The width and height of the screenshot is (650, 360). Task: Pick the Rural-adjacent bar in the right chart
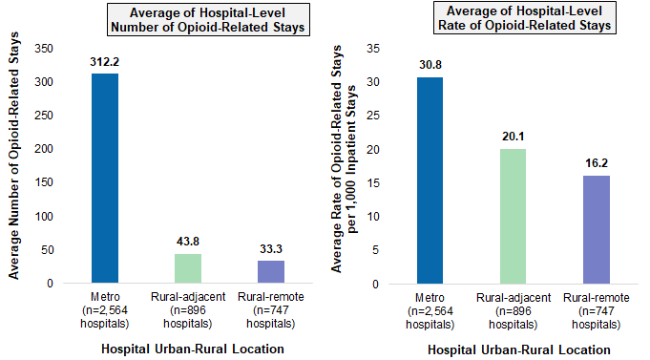514,216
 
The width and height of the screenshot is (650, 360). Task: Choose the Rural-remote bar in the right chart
597,229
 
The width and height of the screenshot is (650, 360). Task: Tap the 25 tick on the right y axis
373,116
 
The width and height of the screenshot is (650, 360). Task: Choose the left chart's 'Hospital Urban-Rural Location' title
193,349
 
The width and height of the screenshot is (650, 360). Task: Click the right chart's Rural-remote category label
597,310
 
